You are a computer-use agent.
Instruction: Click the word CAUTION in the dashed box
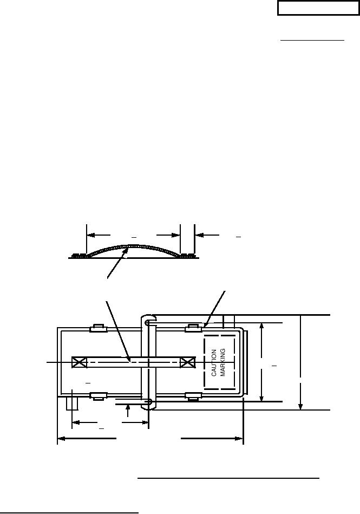(x=214, y=362)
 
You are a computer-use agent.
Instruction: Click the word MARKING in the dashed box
(x=222, y=362)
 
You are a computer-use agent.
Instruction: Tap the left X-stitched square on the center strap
(x=79, y=362)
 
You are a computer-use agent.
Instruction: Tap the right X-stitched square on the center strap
(x=188, y=362)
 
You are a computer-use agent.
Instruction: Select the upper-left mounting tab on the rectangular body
(x=99, y=328)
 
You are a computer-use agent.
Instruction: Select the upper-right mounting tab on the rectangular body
(x=193, y=328)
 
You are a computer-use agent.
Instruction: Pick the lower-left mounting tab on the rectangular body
(x=99, y=396)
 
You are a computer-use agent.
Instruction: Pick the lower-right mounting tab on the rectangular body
(x=193, y=396)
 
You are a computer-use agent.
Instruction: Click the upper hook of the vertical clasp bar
(x=149, y=319)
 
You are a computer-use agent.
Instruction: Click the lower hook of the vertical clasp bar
(x=149, y=404)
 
